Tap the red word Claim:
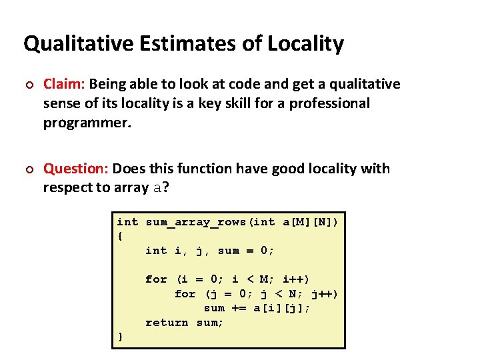pos(64,84)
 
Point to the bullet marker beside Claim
pos(27,85)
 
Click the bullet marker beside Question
pos(27,169)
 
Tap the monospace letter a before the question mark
pos(157,188)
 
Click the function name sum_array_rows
pos(195,222)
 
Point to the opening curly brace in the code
pos(120,236)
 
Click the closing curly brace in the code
pos(120,337)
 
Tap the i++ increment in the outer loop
pos(296,279)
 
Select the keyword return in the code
pos(167,323)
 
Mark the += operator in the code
pos(239,308)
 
